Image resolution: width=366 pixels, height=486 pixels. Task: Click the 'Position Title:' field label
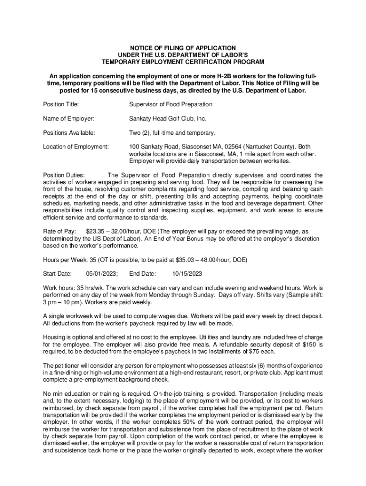pos(61,104)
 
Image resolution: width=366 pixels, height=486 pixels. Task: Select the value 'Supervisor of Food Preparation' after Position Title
pos(171,104)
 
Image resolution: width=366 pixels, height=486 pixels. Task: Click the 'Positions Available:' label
pos(69,132)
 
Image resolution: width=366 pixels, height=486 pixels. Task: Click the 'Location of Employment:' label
pos(76,147)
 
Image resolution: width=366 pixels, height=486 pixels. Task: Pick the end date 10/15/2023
pos(187,273)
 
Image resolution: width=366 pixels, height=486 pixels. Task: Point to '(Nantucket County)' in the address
pos(270,147)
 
